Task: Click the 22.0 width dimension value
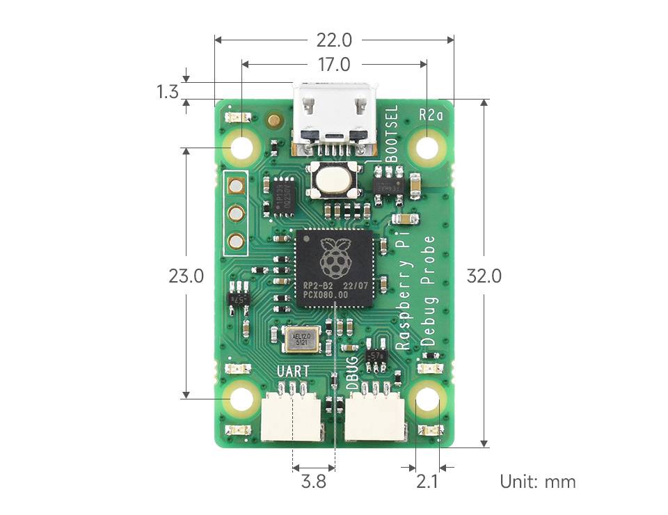pos(335,40)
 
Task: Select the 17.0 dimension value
pos(334,65)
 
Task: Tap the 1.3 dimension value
pos(168,91)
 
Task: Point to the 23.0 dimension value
pos(186,276)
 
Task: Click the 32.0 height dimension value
pos(484,276)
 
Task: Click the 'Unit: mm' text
pos(537,481)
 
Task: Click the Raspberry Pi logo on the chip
pos(335,257)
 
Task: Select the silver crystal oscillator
pos(301,339)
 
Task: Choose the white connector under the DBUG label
pos(376,415)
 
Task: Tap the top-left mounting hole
pos(243,148)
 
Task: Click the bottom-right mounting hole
pos(427,400)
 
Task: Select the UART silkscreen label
pos(293,372)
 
